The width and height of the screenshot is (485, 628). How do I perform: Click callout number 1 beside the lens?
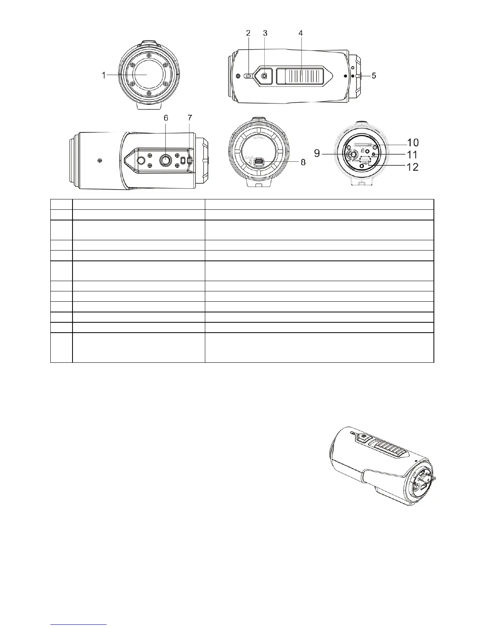tap(104, 75)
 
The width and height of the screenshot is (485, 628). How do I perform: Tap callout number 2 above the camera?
tap(248, 34)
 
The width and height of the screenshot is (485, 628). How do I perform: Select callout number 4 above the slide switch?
tap(301, 34)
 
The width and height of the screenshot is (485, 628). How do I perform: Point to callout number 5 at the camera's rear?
tap(373, 75)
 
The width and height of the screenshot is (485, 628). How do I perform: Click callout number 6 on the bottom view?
tap(166, 118)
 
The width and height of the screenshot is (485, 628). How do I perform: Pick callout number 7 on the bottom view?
tap(190, 118)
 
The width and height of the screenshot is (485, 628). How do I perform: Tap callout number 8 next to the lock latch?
tap(303, 163)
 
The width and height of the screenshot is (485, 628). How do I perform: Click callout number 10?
tap(413, 142)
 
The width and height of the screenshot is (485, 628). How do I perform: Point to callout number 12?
tap(413, 167)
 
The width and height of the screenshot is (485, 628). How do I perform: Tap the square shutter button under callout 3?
tap(265, 76)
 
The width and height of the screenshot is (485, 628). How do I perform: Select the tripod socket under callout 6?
tap(165, 160)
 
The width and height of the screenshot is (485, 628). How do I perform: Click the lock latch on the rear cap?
tap(259, 163)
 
